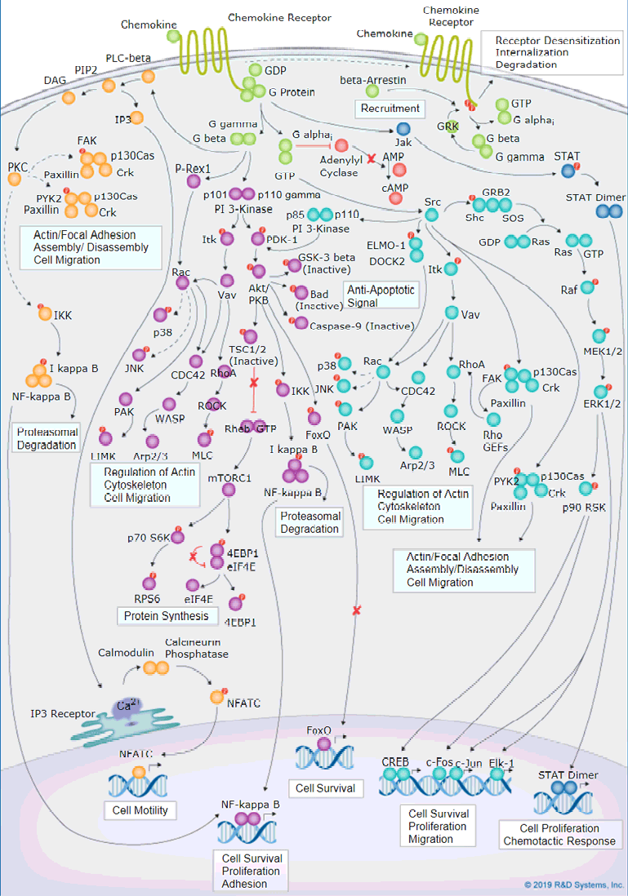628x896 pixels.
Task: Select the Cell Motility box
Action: [x=136, y=810]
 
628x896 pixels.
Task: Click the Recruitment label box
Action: [x=390, y=108]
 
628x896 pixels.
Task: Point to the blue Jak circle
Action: [x=402, y=129]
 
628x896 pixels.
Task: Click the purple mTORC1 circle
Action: [x=229, y=489]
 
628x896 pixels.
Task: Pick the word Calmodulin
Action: [x=127, y=653]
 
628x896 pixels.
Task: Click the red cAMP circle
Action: [x=399, y=170]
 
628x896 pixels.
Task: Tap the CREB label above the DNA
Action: [x=395, y=761]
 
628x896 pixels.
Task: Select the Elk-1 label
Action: [x=501, y=762]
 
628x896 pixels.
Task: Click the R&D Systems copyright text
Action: [x=574, y=884]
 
